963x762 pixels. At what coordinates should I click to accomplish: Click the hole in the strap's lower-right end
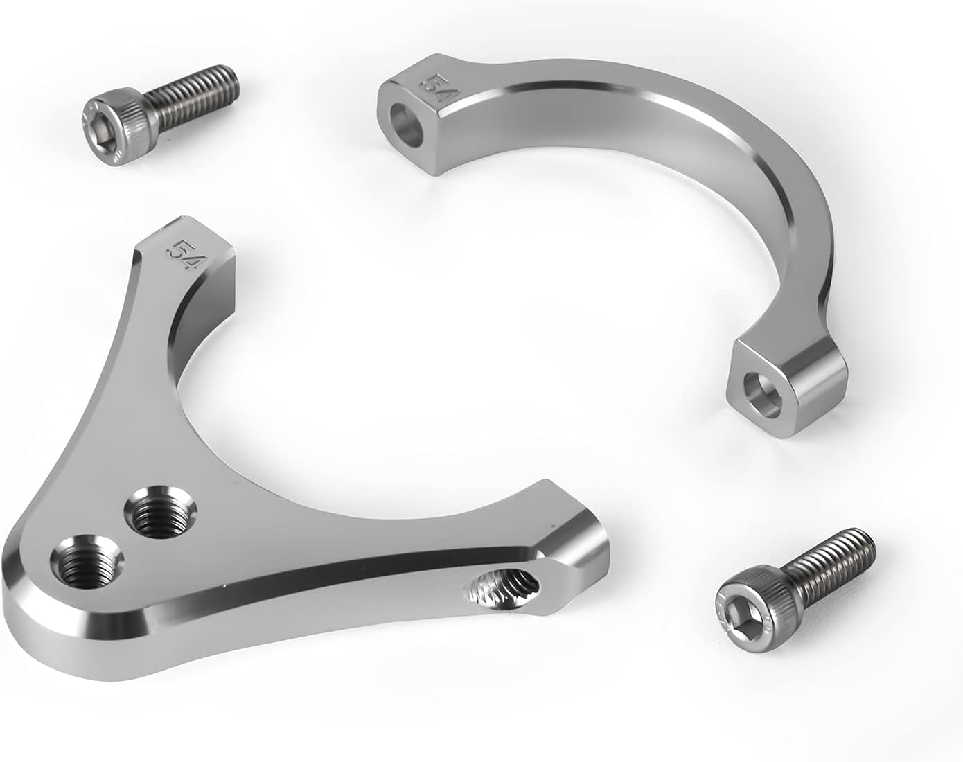point(762,395)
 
